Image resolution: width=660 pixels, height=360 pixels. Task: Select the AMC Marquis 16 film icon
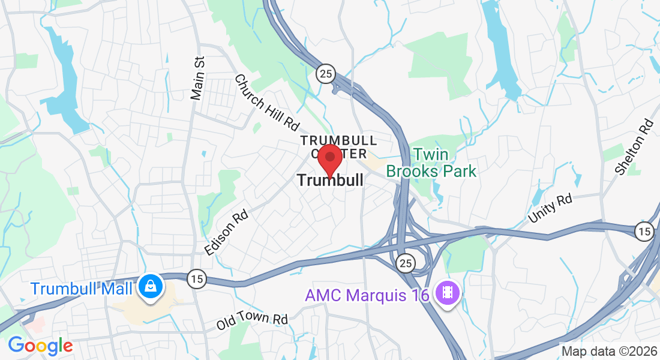point(447,293)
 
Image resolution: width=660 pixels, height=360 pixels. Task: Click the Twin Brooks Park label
point(431,163)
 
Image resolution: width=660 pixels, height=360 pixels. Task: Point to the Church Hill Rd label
point(266,103)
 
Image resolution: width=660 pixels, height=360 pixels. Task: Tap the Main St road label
point(198,79)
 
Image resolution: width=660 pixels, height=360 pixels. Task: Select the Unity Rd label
point(550,208)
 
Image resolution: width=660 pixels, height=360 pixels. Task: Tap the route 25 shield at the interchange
point(405,262)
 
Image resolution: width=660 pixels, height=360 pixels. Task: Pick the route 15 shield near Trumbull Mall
point(195,278)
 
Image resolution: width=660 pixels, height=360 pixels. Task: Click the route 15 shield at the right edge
point(644,231)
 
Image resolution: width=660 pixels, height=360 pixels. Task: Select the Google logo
point(40,346)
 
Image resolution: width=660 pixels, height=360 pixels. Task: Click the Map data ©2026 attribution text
point(608,351)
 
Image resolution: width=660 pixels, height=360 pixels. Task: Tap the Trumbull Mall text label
point(82,289)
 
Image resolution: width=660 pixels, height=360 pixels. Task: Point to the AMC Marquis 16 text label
point(367,295)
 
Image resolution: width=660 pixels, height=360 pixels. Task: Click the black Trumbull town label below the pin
point(329,180)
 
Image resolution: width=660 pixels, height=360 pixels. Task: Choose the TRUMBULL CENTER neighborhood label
point(338,146)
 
